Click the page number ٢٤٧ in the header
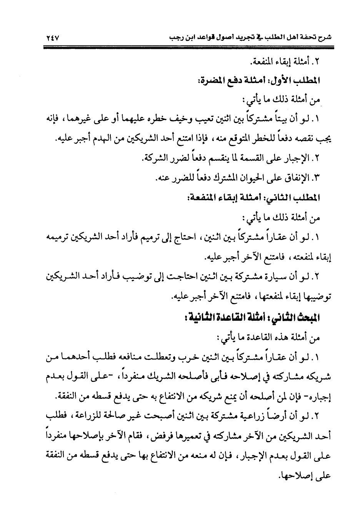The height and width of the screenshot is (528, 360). coord(50,38)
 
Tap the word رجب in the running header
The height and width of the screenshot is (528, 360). coord(175,38)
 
